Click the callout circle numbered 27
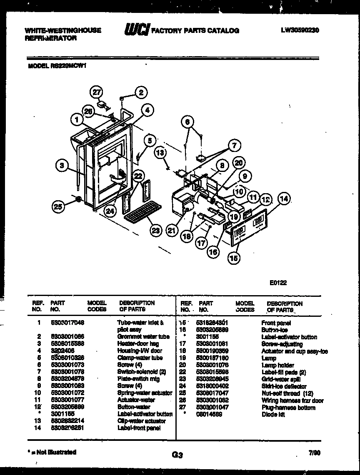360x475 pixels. (97, 92)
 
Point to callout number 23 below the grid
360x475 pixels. (155, 231)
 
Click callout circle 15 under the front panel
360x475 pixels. (234, 258)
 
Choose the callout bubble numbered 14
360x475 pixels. (284, 199)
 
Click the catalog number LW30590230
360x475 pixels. (300, 30)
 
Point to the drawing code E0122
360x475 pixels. (278, 282)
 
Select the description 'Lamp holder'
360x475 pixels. (277, 365)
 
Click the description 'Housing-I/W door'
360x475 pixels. (140, 351)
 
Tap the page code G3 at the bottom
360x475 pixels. (177, 455)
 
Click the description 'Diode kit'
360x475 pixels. (273, 415)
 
